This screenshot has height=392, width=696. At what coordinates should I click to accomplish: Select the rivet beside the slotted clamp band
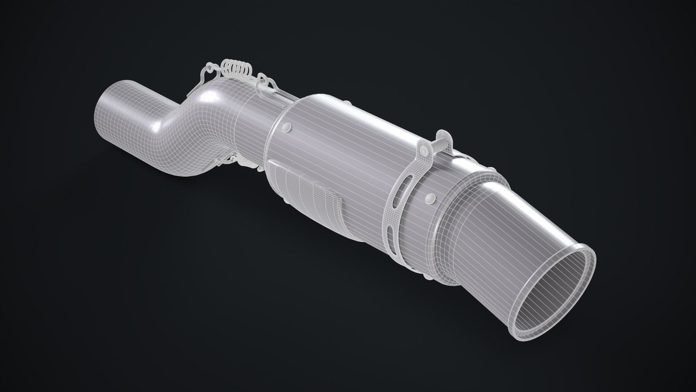[431, 197]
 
